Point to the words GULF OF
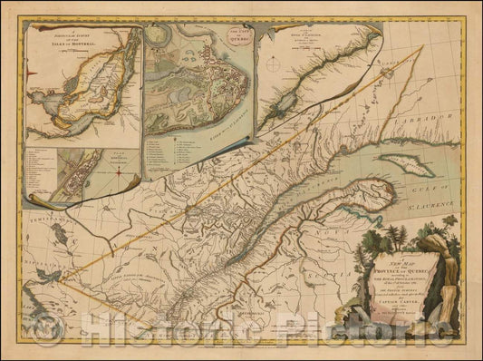pyautogui.click(x=443, y=174)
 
